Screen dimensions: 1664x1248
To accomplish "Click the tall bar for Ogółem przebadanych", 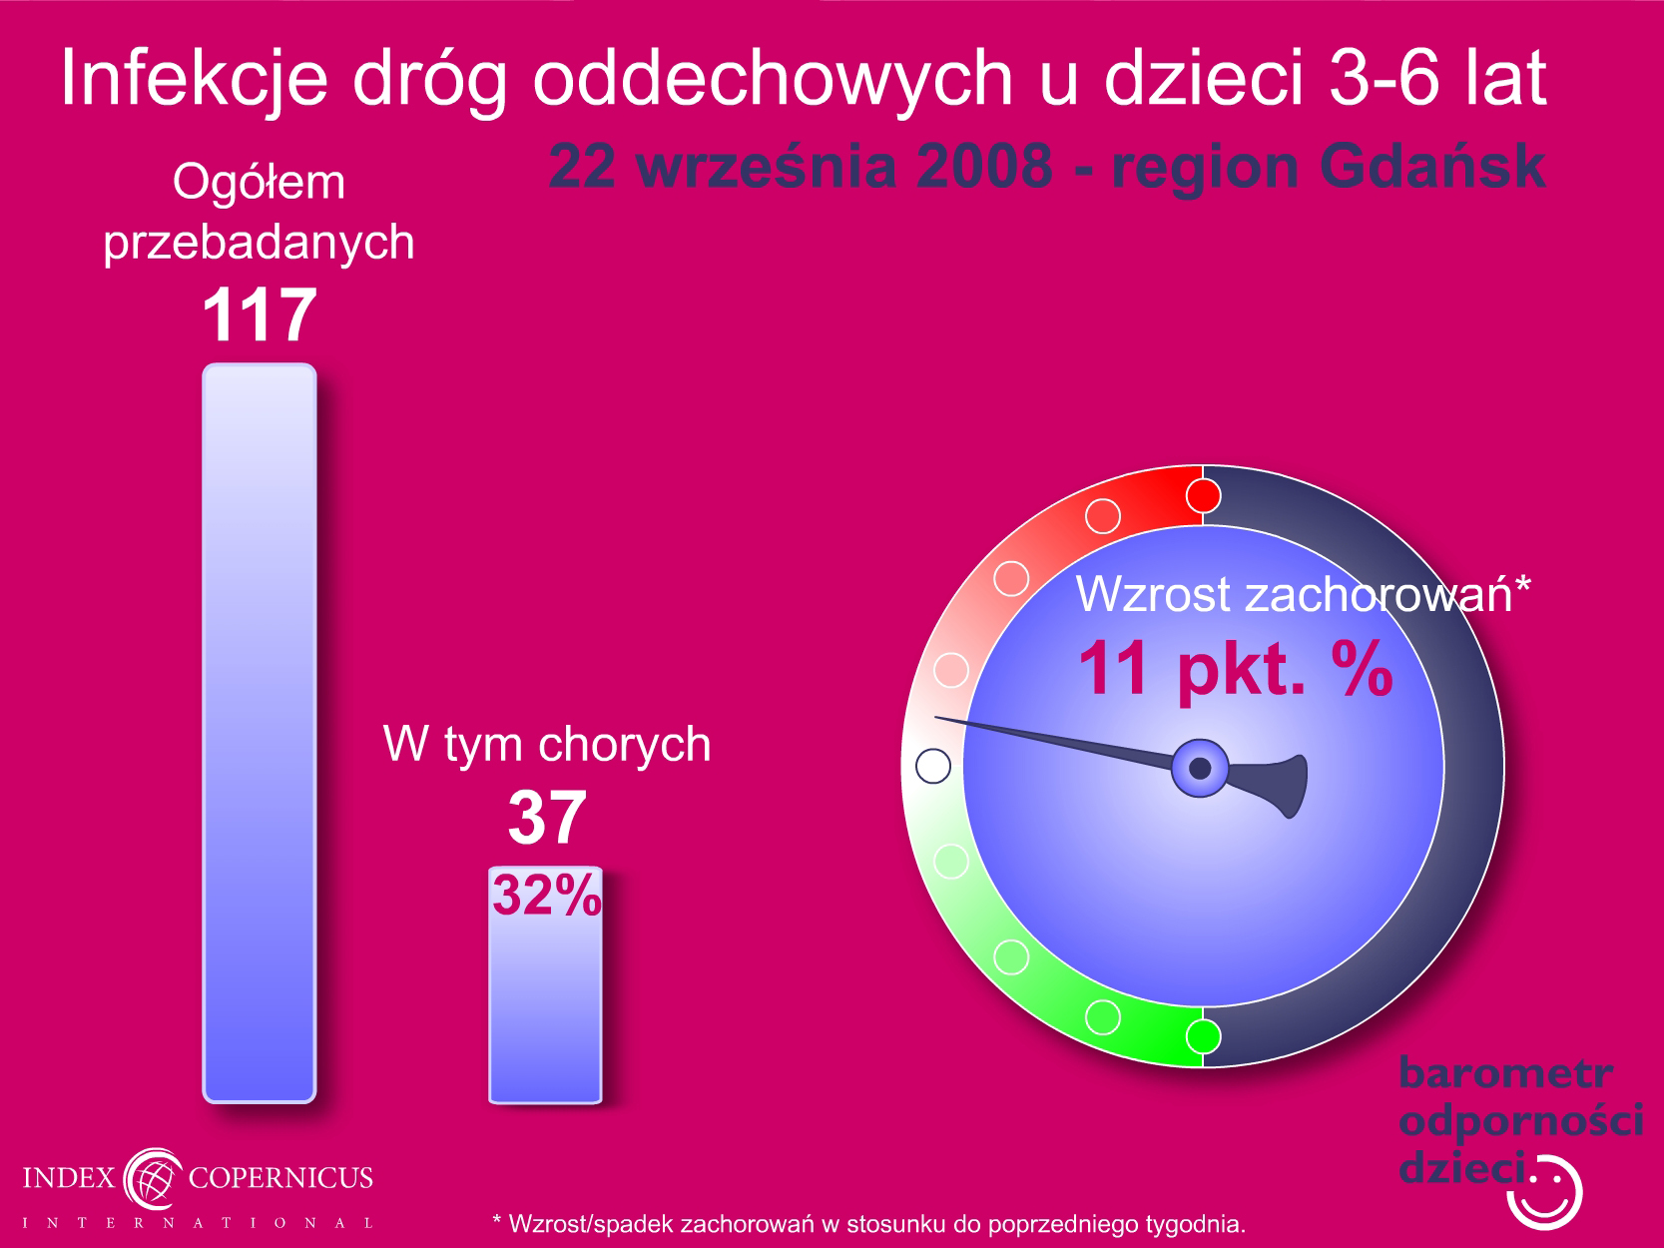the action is pyautogui.click(x=260, y=733).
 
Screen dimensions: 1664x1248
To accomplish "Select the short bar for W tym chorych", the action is pyautogui.click(x=545, y=984).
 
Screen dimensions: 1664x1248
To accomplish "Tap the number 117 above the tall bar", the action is pyautogui.click(x=260, y=314).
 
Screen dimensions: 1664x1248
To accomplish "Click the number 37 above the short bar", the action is pyautogui.click(x=547, y=817).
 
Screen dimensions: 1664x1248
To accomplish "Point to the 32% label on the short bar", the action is pyautogui.click(x=547, y=895).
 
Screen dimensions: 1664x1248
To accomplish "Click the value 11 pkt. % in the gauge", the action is pyautogui.click(x=1235, y=669).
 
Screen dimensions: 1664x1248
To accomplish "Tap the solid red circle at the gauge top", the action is pyautogui.click(x=1203, y=496).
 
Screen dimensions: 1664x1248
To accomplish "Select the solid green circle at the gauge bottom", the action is pyautogui.click(x=1203, y=1036).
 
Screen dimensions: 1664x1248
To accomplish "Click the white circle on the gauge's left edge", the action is pyautogui.click(x=933, y=766).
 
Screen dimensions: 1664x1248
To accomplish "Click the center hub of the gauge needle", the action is pyautogui.click(x=1200, y=768).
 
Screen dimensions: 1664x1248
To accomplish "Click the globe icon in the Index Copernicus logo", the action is pyautogui.click(x=153, y=1178).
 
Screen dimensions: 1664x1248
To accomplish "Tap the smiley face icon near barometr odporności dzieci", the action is pyautogui.click(x=1544, y=1193).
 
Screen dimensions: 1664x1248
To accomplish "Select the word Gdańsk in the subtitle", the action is pyautogui.click(x=1432, y=167).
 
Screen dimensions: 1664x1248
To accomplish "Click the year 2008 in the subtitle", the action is pyautogui.click(x=984, y=167).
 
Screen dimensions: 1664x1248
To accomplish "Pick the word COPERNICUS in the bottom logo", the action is pyautogui.click(x=280, y=1177).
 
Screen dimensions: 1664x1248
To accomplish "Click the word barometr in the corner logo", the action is pyautogui.click(x=1505, y=1073).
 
